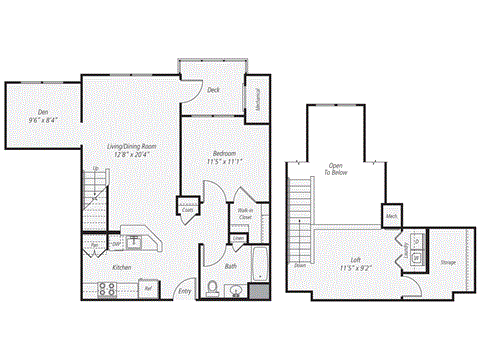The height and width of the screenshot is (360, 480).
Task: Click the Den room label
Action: point(41,112)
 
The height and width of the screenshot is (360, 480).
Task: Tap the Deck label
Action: point(213,91)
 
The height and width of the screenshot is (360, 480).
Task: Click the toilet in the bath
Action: point(212,289)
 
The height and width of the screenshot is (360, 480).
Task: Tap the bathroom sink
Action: point(237,291)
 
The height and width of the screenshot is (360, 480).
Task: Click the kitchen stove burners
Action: point(107,289)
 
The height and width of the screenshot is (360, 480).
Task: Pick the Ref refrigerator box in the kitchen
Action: point(147,289)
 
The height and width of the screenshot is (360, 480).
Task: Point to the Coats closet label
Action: point(187,209)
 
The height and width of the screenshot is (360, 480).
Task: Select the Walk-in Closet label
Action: point(244,212)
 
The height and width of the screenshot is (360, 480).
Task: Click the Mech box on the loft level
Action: point(392,214)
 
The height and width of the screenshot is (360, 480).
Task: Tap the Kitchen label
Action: point(122,268)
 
